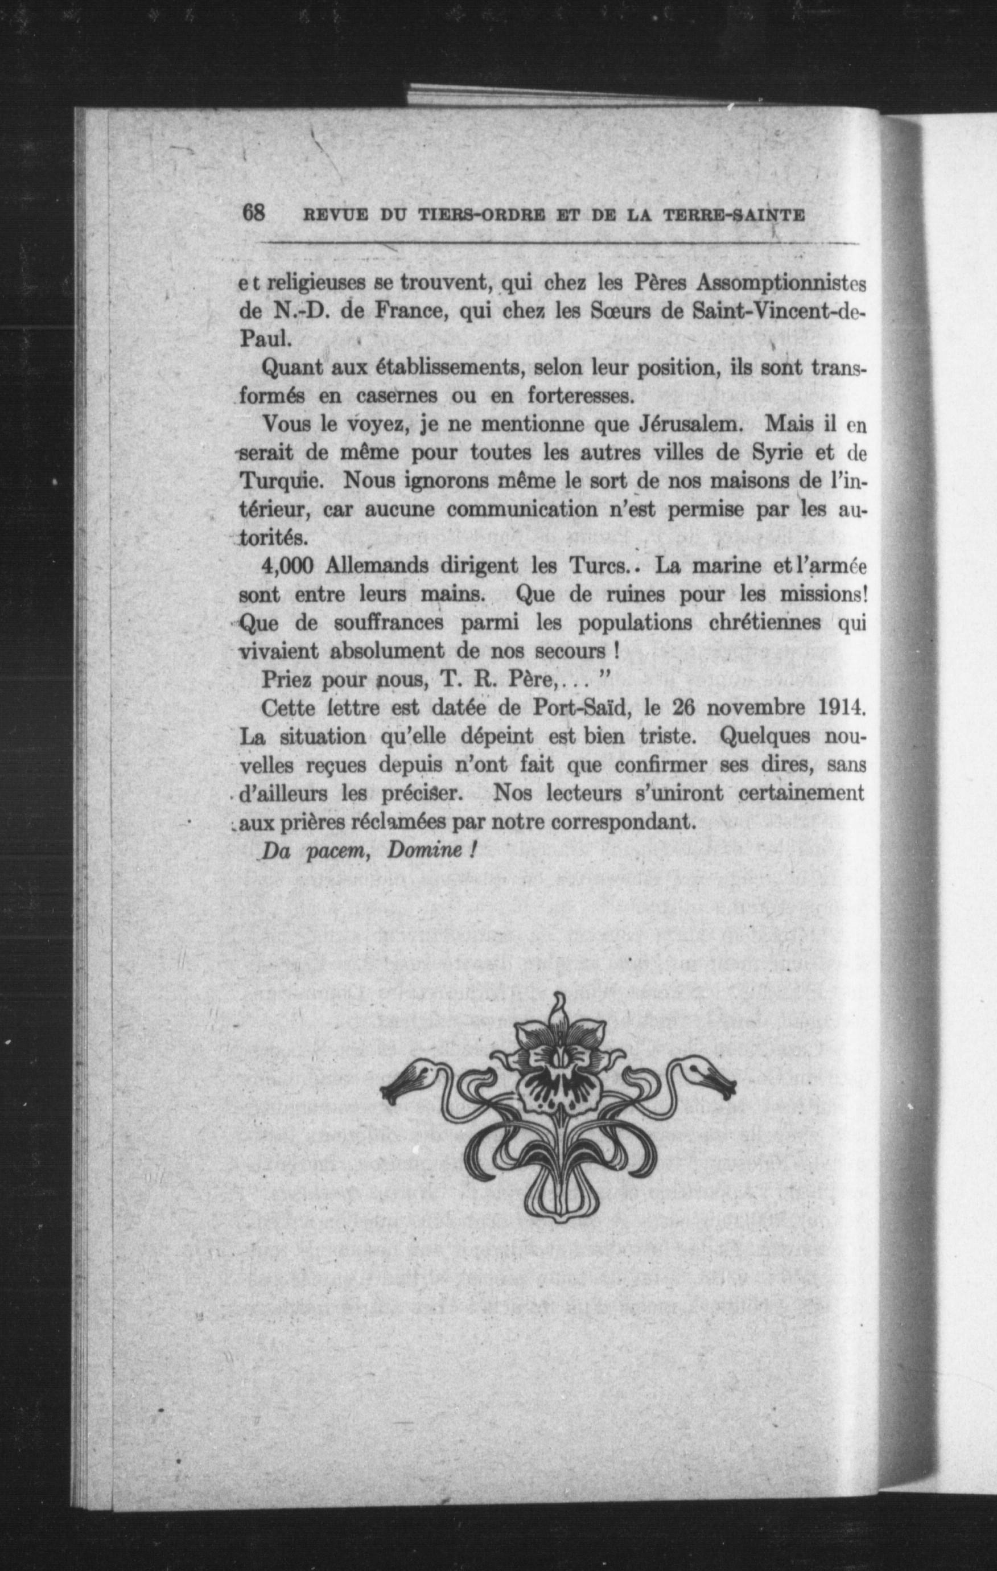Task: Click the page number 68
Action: (253, 213)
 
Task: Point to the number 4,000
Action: (286, 566)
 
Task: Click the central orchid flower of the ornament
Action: (555, 1070)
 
